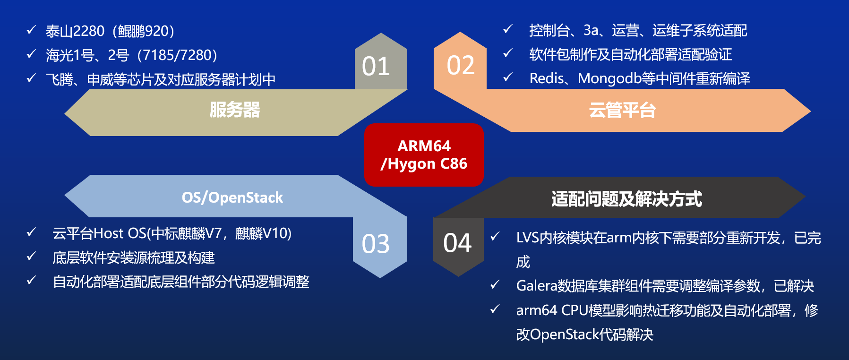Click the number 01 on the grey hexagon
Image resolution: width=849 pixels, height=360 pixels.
[376, 66]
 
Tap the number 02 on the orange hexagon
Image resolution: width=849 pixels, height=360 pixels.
[461, 65]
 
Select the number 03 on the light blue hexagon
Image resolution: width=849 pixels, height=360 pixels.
[376, 244]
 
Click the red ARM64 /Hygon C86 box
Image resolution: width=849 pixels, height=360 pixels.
[424, 155]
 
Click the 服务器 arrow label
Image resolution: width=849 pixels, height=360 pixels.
[234, 110]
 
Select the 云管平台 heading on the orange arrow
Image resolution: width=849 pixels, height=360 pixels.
[622, 110]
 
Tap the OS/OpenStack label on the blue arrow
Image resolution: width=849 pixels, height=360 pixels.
[232, 197]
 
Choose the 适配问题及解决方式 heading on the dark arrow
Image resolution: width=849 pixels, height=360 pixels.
[626, 199]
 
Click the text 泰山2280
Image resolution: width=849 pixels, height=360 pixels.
[75, 31]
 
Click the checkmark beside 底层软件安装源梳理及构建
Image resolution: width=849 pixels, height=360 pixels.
[32, 257]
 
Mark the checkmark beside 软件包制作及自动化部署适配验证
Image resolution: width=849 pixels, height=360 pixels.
[508, 53]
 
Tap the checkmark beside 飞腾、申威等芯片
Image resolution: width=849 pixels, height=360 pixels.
[32, 78]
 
